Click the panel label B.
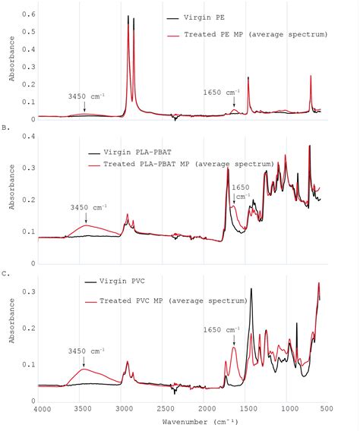pyautogui.click(x=6, y=128)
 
